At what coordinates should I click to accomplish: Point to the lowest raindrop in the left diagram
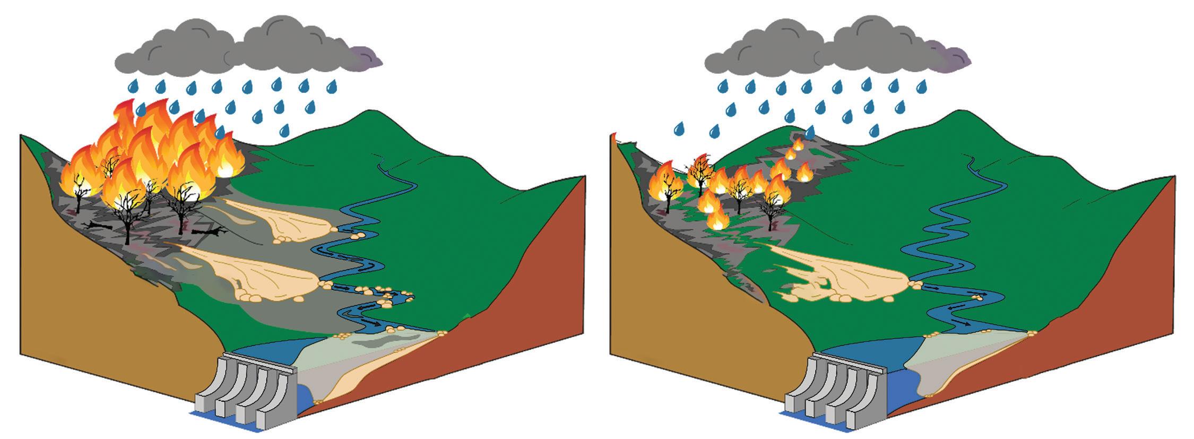coord(285,129)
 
